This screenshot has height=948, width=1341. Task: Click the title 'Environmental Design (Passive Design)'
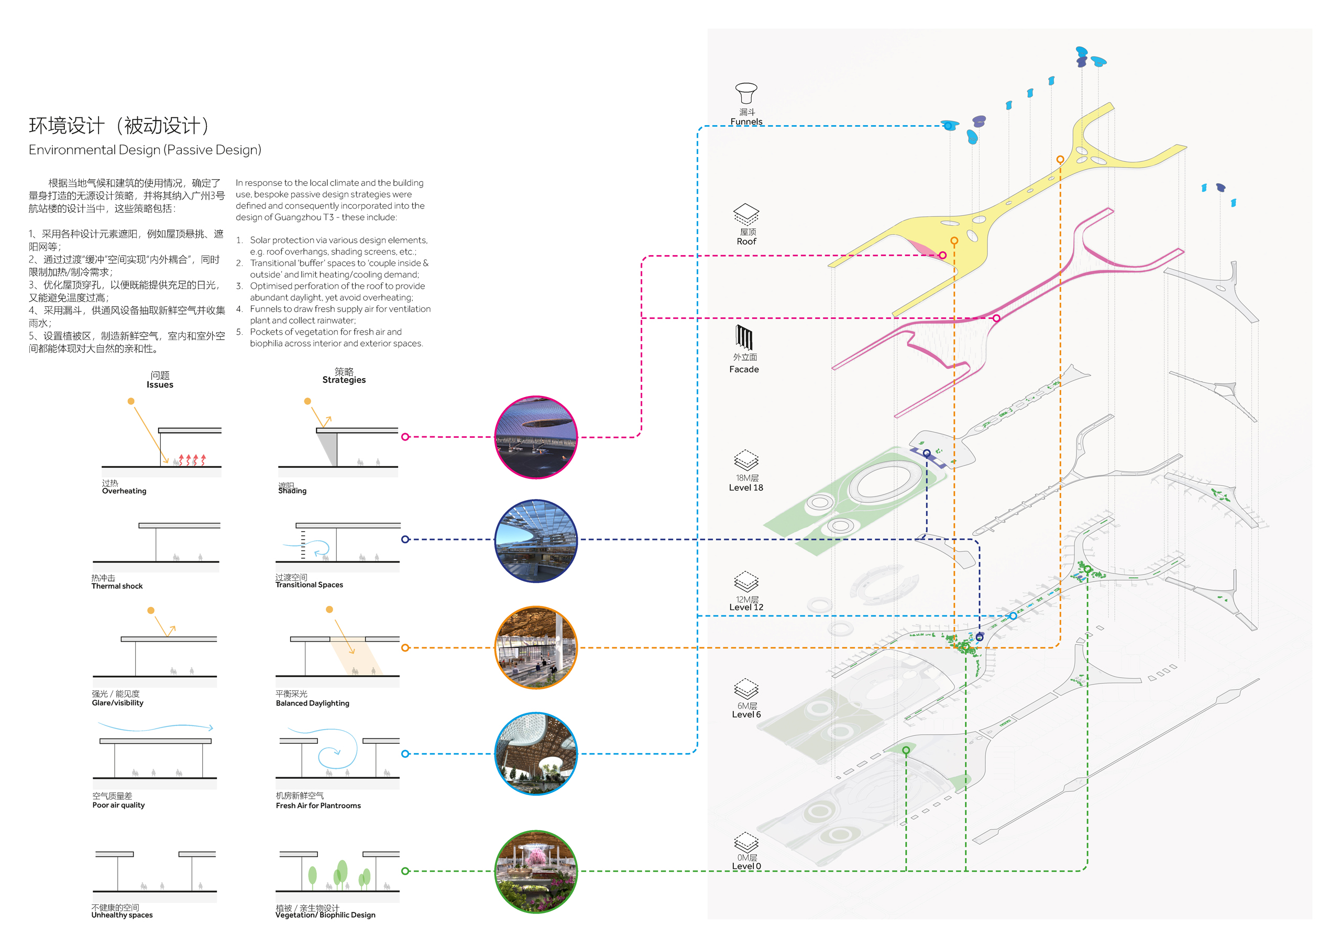pos(145,150)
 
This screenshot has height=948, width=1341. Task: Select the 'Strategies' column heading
pos(344,380)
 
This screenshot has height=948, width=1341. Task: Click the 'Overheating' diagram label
pos(124,491)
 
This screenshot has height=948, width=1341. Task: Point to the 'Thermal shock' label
pos(117,586)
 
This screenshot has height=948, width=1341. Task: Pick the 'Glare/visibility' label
pos(117,703)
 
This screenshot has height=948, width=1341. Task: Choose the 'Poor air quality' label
pos(118,805)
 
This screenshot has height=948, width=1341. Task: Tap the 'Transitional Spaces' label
pos(309,585)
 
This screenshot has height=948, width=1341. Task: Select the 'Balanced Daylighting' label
pos(313,703)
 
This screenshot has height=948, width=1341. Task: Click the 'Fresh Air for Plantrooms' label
pos(318,806)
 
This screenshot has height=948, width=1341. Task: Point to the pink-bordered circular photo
pos(535,437)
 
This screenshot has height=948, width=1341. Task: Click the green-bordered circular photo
pos(535,871)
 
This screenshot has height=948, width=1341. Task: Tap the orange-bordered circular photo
pos(535,647)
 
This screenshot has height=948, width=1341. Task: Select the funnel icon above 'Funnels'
pos(746,93)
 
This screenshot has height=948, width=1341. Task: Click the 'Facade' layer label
pos(744,369)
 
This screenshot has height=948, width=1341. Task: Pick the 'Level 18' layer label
pos(746,488)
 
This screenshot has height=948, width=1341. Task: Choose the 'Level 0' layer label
pos(746,866)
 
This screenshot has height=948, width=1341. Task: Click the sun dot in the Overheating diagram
pos(131,401)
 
